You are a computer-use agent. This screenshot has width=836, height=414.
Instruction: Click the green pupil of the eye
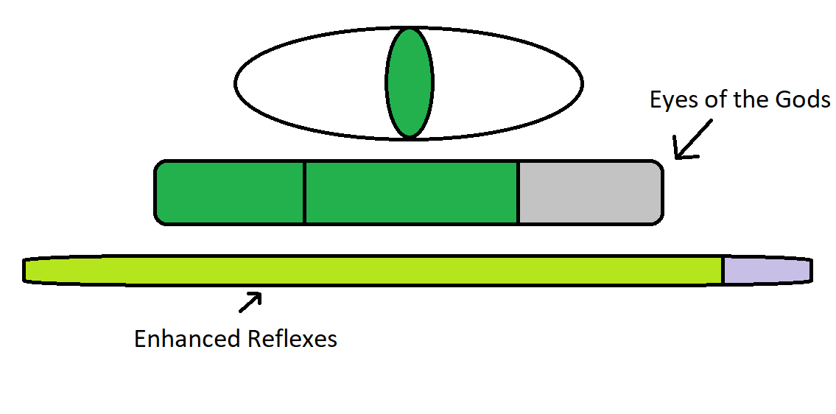(409, 83)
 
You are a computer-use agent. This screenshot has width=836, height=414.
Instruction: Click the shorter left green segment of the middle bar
(231, 192)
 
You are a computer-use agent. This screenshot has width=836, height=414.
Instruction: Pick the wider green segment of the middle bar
(411, 192)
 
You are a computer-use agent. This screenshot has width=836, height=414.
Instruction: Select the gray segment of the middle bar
(589, 192)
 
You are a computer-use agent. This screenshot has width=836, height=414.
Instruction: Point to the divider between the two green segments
(304, 192)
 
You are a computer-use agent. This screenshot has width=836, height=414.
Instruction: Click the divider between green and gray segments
(518, 192)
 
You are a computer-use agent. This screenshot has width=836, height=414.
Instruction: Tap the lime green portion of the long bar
(368, 270)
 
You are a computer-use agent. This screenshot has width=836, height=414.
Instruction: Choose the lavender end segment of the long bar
(766, 270)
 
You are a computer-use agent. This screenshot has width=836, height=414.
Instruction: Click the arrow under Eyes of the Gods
(692, 140)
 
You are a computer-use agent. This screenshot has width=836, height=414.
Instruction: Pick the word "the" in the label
(751, 100)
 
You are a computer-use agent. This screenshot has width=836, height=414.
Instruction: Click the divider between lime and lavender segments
(722, 270)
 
